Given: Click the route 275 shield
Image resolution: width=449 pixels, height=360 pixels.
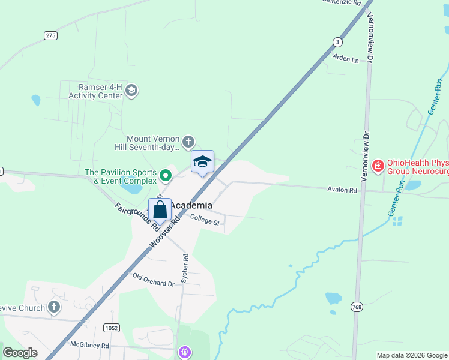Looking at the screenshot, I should point(50,35).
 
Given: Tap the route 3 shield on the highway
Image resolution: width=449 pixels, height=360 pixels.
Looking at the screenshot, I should point(338,41).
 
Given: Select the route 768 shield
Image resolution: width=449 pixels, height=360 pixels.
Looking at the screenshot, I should point(357,306).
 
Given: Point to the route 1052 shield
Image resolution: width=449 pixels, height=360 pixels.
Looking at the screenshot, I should point(111,328).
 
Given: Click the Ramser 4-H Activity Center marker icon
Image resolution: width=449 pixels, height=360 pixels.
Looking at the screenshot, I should point(131,91).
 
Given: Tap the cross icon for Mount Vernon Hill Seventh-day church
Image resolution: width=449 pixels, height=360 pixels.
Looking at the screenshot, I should point(188,142).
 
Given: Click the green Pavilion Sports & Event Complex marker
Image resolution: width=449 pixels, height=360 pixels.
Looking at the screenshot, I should point(166,176).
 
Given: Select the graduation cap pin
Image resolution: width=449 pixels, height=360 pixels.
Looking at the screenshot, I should point(202,162).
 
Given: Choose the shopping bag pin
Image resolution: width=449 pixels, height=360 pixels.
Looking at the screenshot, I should point(160,211).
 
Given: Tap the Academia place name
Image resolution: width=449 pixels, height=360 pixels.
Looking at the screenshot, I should point(191,205).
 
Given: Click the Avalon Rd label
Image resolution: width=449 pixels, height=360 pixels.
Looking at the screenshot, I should point(342,190).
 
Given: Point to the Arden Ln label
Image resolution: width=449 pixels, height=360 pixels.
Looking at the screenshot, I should point(345,59).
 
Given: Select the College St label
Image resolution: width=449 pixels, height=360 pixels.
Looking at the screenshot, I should point(205,221).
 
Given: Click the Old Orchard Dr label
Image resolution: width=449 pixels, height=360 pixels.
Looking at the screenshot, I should point(153,280).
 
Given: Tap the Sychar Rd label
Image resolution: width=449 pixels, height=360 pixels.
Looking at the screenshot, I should point(185,265).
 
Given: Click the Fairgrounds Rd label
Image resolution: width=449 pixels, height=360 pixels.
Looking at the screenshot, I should point(136,217).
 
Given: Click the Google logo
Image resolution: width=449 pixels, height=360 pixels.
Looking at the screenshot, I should point(20,353).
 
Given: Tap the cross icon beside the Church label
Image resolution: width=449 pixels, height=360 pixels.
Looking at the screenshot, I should point(54,308).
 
